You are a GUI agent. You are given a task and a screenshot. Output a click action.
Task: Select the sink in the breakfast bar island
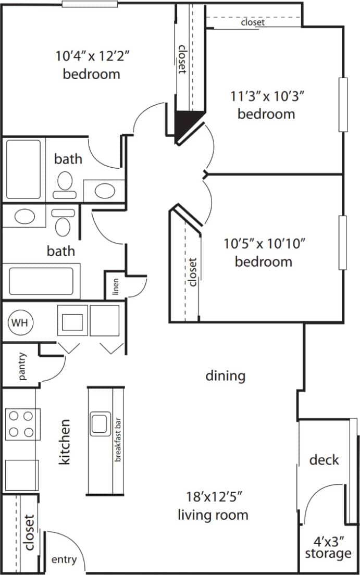click(x=99, y=424)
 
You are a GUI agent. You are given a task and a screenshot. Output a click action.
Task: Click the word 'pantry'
click(x=22, y=366)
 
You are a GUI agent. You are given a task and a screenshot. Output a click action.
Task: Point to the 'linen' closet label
click(x=116, y=287)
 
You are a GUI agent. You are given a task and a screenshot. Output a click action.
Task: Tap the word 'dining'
click(x=225, y=376)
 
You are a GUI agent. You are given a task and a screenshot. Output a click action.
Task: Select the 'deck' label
click(x=324, y=460)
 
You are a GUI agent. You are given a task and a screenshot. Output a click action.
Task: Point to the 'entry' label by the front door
click(x=64, y=560)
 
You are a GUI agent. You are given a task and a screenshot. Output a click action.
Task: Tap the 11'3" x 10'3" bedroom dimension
click(x=267, y=96)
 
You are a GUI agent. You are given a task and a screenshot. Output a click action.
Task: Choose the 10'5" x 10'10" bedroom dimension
click(x=264, y=243)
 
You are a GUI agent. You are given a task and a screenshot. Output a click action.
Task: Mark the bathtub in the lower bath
click(x=41, y=280)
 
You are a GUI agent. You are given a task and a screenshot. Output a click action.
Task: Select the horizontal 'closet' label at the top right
click(x=253, y=22)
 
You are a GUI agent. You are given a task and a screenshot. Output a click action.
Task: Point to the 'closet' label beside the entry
click(x=29, y=532)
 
